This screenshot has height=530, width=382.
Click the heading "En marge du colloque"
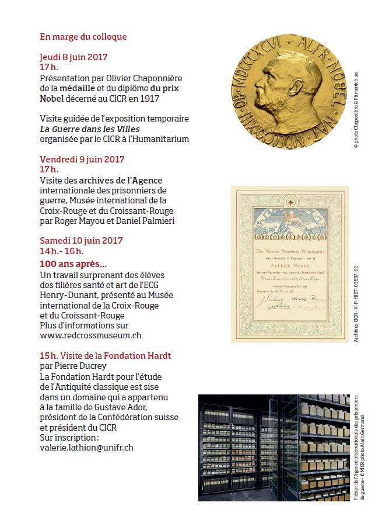click(83, 37)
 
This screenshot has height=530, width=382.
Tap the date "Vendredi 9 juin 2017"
click(82, 159)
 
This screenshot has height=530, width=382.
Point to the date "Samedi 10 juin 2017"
click(81, 240)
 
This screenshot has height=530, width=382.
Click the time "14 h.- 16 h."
click(62, 251)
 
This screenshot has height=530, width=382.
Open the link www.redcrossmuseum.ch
click(90, 335)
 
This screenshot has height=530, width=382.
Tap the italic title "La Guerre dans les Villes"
click(89, 129)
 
